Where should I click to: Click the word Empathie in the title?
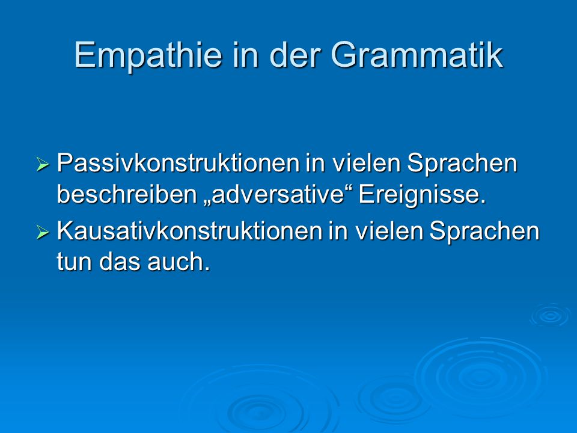pos(148,56)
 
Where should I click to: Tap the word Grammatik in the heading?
pos(417,55)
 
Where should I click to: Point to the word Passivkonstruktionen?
pos(178,163)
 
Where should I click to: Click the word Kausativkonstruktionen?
pos(189,231)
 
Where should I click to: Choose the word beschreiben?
pos(127,194)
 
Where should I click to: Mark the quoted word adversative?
pos(278,194)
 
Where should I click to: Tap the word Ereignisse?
pos(422,195)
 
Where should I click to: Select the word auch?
pos(179,262)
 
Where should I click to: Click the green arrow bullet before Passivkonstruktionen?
pos(42,164)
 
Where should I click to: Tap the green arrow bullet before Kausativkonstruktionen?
pos(42,232)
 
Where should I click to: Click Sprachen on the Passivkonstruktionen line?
pos(462,163)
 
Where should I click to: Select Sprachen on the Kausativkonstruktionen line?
pos(484,231)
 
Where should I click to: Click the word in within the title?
pos(245,55)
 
